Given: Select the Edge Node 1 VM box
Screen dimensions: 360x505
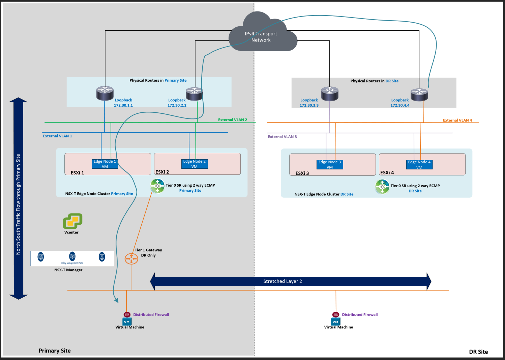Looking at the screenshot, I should [x=105, y=164].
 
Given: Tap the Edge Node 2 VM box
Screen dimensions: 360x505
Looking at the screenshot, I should [x=195, y=164].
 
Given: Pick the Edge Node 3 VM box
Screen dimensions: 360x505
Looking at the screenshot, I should [x=330, y=165].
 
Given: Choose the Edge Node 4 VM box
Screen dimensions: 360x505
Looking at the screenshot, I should [x=419, y=165].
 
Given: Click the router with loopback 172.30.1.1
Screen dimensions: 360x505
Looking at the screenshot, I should [x=105, y=93].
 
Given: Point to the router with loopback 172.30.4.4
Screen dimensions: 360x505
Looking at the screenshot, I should [x=419, y=94].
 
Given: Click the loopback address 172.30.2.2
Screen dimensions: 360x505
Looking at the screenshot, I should [x=177, y=105].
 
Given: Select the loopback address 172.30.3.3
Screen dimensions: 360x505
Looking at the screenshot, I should [x=309, y=105].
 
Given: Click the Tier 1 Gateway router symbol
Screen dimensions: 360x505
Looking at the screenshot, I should [x=131, y=259].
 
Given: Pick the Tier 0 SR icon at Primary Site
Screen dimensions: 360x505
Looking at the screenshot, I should [x=157, y=186].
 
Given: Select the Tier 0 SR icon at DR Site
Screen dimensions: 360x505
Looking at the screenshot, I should [x=382, y=187].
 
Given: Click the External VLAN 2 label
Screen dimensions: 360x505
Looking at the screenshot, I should [x=232, y=120].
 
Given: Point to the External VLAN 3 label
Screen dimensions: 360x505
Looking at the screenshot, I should [x=282, y=137].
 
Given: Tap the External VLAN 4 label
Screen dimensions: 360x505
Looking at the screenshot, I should [x=457, y=120].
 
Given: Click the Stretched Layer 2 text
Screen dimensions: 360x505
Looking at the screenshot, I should [x=283, y=281].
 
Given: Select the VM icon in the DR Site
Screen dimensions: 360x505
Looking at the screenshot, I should [x=335, y=322].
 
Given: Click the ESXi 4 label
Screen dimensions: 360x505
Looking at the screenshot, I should [x=387, y=172].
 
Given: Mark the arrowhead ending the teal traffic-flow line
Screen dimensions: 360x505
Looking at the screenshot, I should [x=116, y=300].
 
